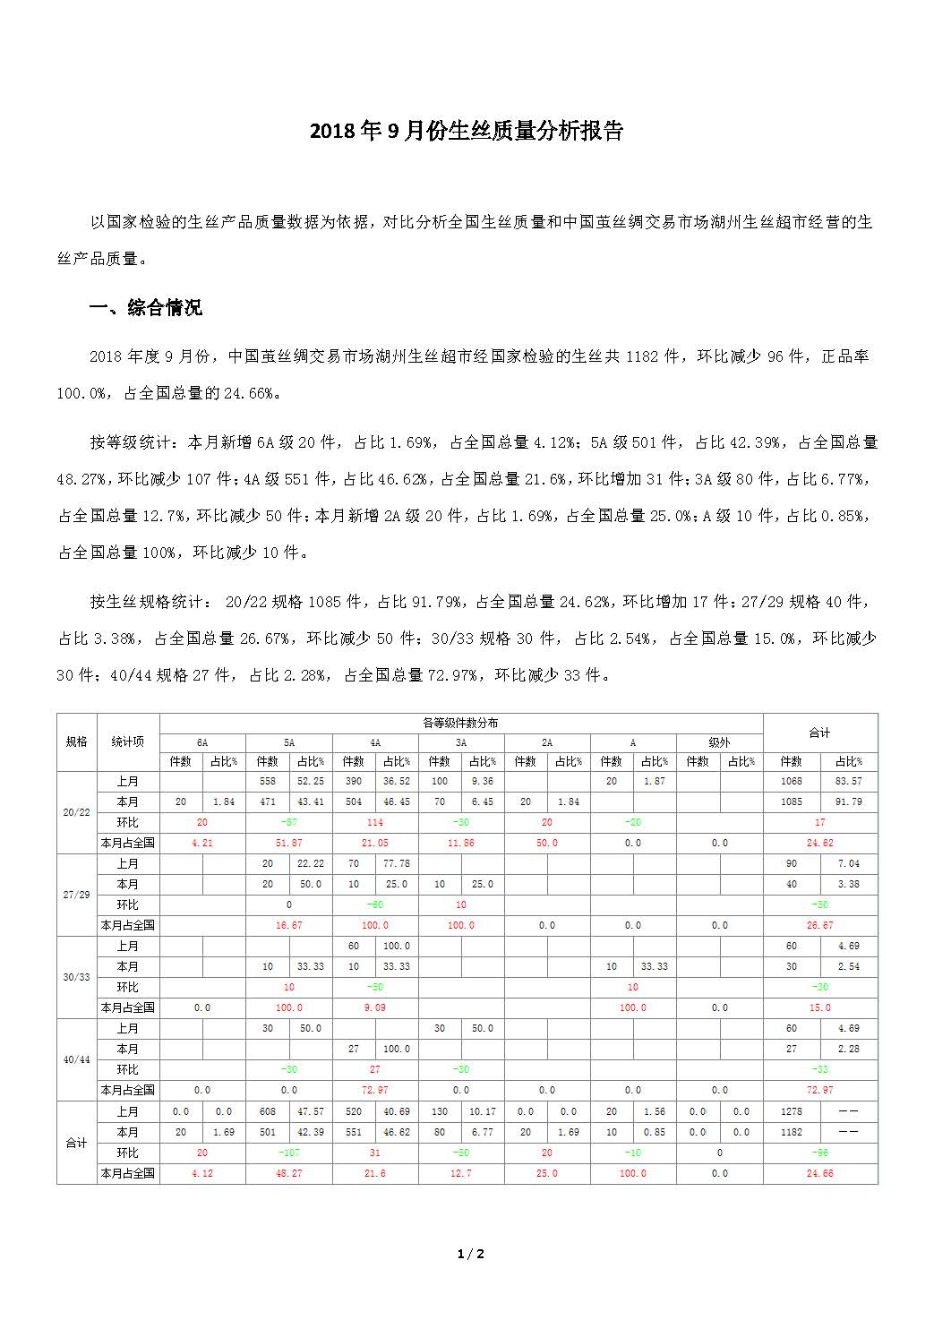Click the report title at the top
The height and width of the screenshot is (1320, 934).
click(466, 131)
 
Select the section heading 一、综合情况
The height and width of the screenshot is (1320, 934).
click(146, 308)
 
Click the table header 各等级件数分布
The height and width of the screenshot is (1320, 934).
click(460, 723)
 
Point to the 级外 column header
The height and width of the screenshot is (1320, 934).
click(719, 742)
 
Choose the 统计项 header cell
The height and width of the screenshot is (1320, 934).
click(127, 741)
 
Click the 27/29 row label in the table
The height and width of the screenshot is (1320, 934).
click(76, 895)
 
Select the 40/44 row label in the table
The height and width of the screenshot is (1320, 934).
click(76, 1059)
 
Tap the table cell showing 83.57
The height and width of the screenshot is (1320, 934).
click(848, 781)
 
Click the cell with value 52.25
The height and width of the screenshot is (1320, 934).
click(310, 781)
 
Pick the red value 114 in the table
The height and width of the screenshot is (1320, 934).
click(374, 822)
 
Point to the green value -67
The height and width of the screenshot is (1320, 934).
click(288, 822)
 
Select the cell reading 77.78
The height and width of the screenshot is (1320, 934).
click(396, 863)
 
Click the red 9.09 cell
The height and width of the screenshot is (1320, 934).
click(374, 1007)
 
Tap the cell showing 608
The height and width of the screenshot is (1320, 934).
click(268, 1111)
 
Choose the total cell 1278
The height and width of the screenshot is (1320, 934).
click(791, 1111)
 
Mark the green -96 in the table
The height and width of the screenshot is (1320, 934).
click(819, 1153)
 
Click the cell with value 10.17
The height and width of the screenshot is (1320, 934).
click(482, 1111)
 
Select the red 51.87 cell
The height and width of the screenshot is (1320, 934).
click(288, 843)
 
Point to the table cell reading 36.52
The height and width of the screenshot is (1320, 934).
click(396, 781)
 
